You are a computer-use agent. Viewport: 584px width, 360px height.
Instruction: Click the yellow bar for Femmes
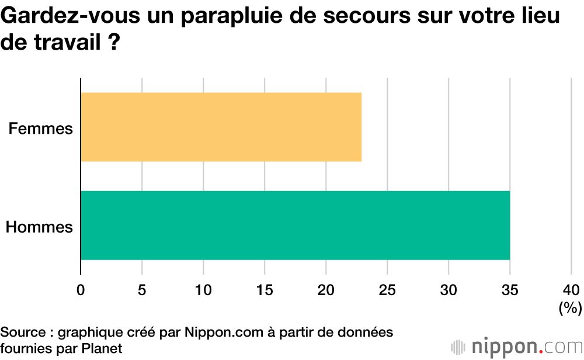(x=221, y=127)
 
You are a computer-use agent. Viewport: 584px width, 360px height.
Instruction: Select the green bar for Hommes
(x=295, y=225)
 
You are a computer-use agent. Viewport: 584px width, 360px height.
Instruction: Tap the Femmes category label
(x=40, y=128)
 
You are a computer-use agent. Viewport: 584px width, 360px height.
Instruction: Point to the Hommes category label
(x=39, y=227)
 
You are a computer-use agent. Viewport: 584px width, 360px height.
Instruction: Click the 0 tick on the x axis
(x=81, y=289)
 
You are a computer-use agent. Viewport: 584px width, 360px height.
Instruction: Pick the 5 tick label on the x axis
(x=142, y=289)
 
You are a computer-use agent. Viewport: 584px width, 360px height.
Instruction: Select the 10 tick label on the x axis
(x=203, y=289)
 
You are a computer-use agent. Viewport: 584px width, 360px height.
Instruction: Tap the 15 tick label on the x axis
(x=265, y=289)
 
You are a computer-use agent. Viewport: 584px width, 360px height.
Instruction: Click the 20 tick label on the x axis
(x=326, y=289)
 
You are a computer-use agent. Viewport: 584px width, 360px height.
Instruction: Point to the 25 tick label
(x=387, y=289)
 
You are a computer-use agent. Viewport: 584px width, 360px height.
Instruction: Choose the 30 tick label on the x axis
(x=449, y=289)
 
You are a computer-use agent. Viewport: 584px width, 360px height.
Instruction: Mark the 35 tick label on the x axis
(x=510, y=289)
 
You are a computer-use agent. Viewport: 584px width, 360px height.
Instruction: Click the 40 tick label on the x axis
(x=571, y=289)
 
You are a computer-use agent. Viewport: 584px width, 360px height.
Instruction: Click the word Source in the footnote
(x=23, y=333)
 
